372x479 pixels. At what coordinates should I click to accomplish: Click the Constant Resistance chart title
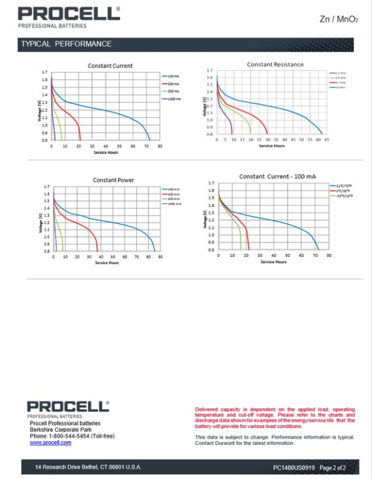click(275, 65)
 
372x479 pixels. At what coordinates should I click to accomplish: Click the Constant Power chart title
click(113, 180)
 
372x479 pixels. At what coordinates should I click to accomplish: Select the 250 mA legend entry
click(172, 83)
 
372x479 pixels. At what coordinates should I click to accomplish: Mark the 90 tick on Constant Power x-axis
click(160, 257)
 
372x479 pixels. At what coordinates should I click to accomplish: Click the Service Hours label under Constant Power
click(106, 263)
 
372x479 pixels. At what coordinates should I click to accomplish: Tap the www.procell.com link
click(50, 442)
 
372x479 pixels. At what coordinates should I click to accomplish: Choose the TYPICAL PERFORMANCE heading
click(66, 44)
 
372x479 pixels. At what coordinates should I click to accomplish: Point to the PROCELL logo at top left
click(68, 14)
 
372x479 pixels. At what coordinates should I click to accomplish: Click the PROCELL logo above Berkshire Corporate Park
click(68, 407)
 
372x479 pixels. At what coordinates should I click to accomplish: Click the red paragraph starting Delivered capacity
click(275, 417)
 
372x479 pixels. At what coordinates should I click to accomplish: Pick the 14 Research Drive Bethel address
click(88, 467)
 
